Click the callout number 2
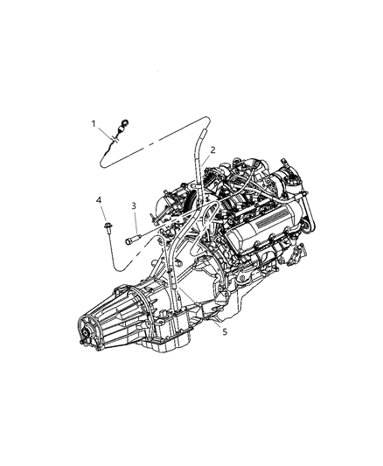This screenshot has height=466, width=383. [x=212, y=151]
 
